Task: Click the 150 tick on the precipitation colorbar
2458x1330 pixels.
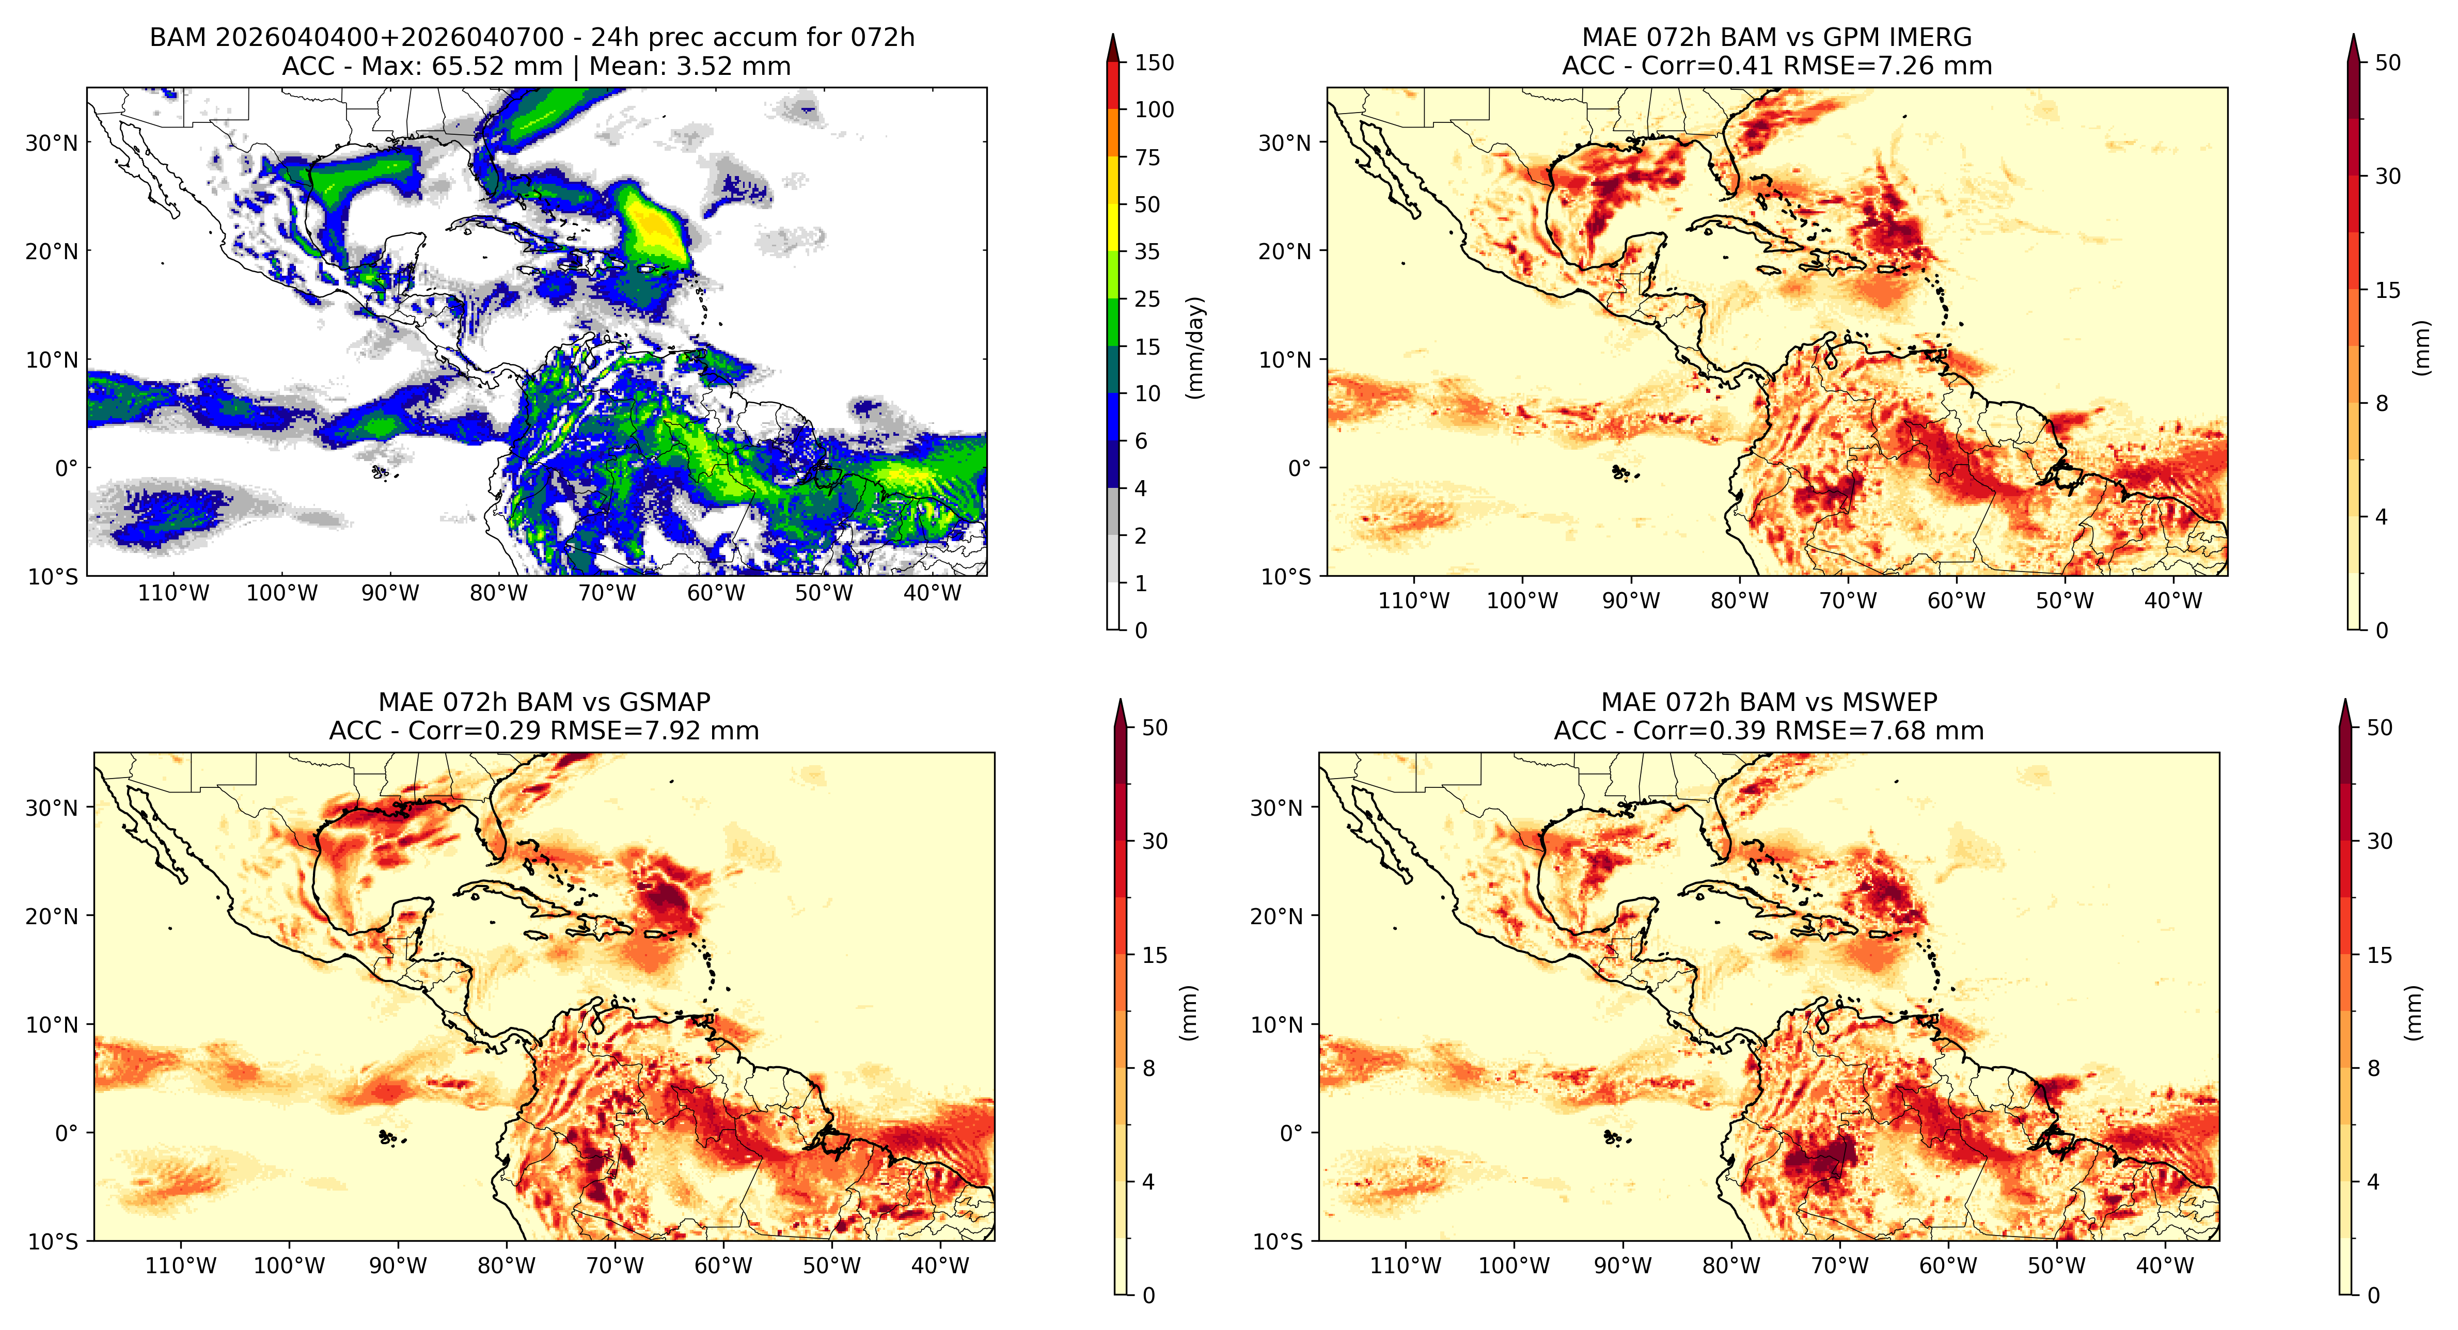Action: (x=1154, y=63)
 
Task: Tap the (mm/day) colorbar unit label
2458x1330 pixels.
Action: (x=1194, y=347)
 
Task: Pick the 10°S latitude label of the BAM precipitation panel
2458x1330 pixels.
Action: (x=53, y=577)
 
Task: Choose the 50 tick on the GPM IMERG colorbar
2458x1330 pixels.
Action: (x=2387, y=63)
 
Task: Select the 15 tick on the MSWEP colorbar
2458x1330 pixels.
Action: (x=2380, y=955)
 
